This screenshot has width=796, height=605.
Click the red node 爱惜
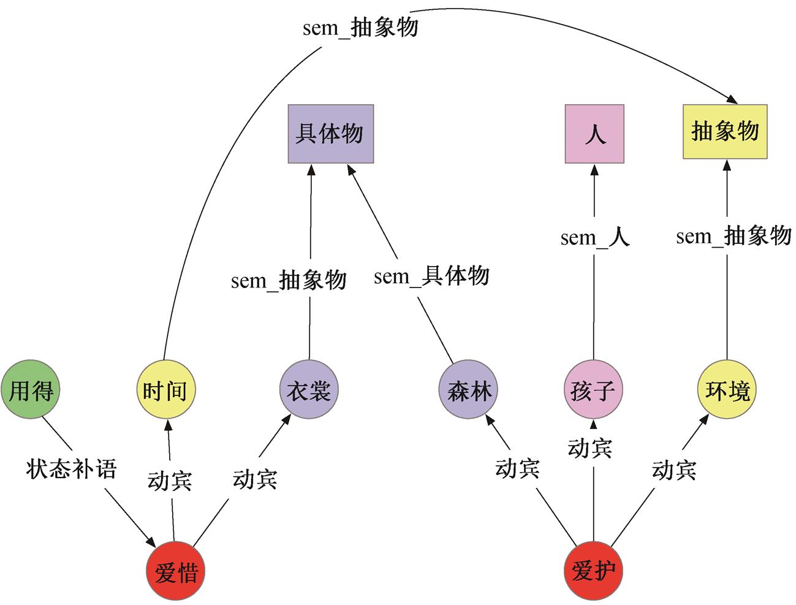(175, 571)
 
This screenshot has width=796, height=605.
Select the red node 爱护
(593, 571)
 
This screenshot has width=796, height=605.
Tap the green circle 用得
(31, 390)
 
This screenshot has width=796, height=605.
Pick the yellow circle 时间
(166, 390)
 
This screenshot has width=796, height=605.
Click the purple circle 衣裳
(309, 390)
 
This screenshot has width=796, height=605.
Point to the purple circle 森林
(468, 390)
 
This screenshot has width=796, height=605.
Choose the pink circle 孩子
(593, 390)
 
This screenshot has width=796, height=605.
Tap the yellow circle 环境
(727, 390)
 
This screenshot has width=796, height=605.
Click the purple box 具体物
(331, 134)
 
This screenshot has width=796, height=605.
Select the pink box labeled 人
(595, 134)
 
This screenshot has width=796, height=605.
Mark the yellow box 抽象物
(726, 132)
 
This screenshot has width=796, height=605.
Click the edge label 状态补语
(72, 469)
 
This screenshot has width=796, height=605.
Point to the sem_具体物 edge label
(431, 276)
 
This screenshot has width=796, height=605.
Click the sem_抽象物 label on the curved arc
(360, 28)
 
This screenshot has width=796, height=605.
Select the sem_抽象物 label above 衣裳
(289, 280)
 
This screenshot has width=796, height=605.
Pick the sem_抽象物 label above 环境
(733, 235)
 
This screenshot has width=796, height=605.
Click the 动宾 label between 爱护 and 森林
(517, 468)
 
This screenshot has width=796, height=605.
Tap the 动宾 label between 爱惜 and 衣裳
(255, 479)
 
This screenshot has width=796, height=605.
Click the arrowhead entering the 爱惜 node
(151, 542)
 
